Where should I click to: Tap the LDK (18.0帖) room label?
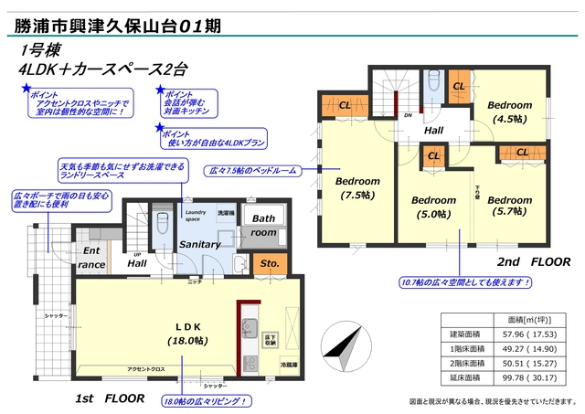point(187,334)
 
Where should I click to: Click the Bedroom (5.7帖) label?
point(509,206)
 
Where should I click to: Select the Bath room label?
point(265,226)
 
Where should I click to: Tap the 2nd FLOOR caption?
point(532,260)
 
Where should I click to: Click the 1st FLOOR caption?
point(110,399)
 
